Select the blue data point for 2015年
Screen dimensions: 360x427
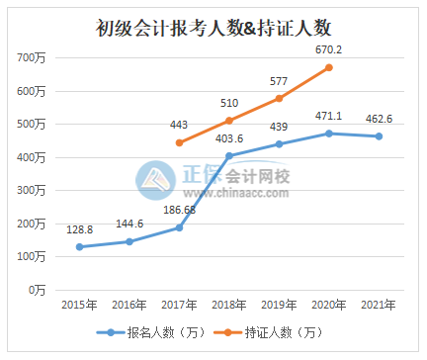79,246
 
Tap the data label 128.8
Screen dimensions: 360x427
79,228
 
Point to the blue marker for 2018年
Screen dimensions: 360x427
228,155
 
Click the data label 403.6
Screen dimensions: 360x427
228,138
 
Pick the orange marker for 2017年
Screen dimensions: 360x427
179,142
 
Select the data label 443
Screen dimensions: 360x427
179,125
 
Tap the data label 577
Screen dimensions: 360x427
279,81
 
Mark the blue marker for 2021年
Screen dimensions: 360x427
379,136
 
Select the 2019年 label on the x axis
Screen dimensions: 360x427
279,304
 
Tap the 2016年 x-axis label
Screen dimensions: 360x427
128,304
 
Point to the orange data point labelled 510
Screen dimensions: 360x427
228,121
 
